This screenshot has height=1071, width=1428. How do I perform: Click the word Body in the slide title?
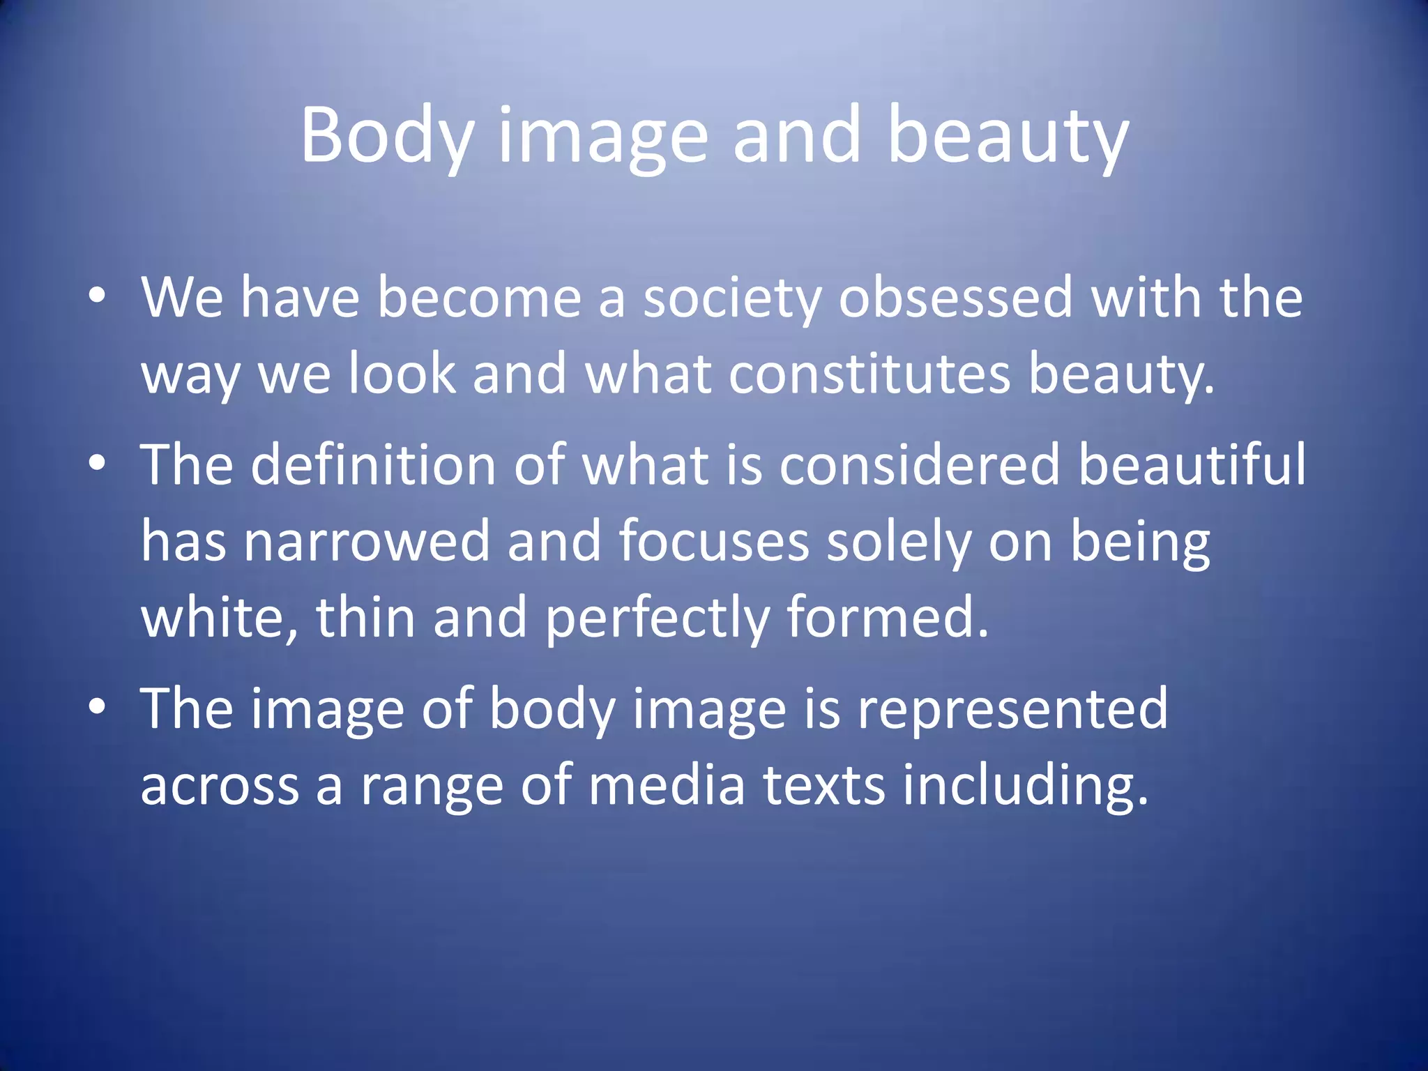coord(388,136)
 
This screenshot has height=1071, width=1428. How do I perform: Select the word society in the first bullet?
coord(732,298)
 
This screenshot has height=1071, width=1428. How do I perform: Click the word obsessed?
coord(955,298)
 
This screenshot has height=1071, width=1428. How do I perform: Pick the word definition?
coord(373,465)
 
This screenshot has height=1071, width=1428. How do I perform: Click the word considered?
coord(920,465)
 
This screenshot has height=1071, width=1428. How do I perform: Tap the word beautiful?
coord(1192,465)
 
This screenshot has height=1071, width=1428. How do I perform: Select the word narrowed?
coord(367,542)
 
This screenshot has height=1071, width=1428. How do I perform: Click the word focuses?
coord(714,542)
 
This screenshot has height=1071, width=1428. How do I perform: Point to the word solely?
coord(899,542)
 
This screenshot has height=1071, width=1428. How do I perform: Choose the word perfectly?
coord(658,618)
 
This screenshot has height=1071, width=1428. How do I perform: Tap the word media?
coord(667,786)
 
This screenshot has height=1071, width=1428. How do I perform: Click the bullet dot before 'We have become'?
coord(98,296)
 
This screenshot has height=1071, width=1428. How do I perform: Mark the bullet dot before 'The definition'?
coord(98,462)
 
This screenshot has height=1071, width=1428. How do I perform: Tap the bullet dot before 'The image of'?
coord(98,706)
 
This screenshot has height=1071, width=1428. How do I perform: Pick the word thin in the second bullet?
coord(366,618)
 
